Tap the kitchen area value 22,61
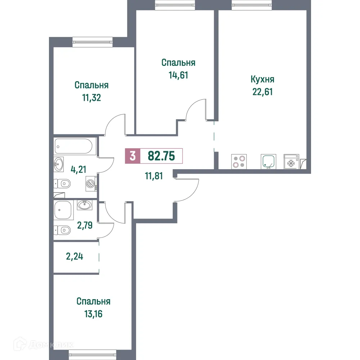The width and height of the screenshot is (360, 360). [x=262, y=91]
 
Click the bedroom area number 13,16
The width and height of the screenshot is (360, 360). [x=93, y=314]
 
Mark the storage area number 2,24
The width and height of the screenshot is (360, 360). [x=75, y=257]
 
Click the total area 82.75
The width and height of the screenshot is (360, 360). [x=161, y=156]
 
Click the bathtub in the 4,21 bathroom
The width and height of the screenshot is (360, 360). [x=74, y=146]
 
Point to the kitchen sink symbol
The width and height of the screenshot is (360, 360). [x=268, y=161]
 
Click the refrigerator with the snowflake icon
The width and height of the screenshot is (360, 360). [x=291, y=161]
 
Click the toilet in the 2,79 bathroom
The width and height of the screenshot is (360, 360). [x=63, y=229]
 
